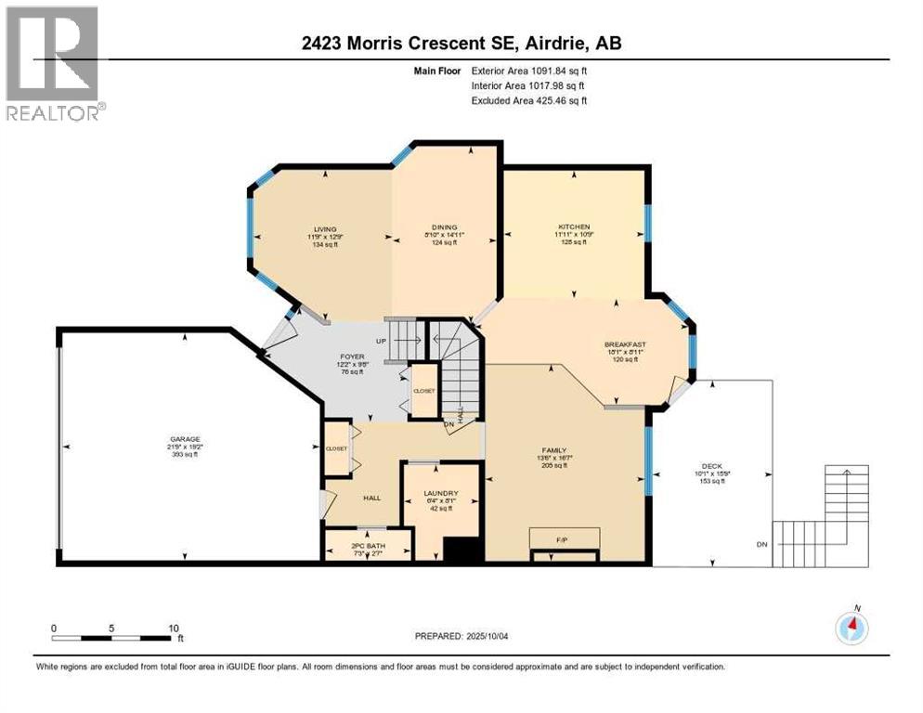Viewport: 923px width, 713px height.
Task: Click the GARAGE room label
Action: pos(185,439)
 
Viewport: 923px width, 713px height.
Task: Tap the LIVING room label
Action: pos(324,228)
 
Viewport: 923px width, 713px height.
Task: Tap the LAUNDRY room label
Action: pos(440,493)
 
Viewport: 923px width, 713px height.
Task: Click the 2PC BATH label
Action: pos(368,546)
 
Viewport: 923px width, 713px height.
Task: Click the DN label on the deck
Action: pos(762,544)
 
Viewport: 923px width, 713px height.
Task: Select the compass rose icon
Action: pos(851,629)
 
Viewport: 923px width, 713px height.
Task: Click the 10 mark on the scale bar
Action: pos(173,629)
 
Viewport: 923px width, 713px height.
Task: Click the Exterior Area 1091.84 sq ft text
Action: pos(529,70)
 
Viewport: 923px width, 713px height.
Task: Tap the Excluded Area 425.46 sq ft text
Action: pos(529,100)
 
